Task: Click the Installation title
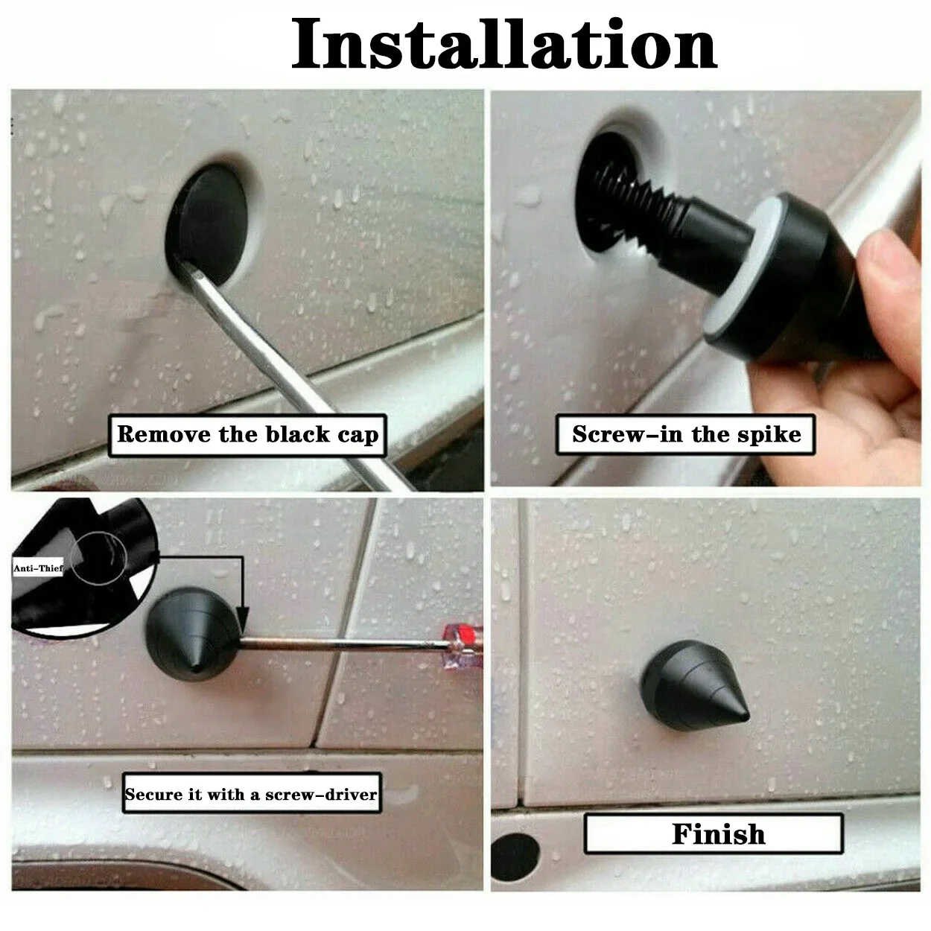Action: pos(503,45)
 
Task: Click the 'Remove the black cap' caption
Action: pos(247,435)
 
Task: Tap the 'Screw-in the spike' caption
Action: pos(686,434)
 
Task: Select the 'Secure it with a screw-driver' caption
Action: pos(251,794)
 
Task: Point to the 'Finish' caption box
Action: pos(714,833)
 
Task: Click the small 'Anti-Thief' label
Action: pos(38,568)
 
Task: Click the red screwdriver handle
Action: pos(463,644)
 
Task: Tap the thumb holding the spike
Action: pos(894,268)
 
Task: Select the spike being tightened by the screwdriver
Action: pos(192,633)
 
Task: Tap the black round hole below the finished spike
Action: pos(515,857)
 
